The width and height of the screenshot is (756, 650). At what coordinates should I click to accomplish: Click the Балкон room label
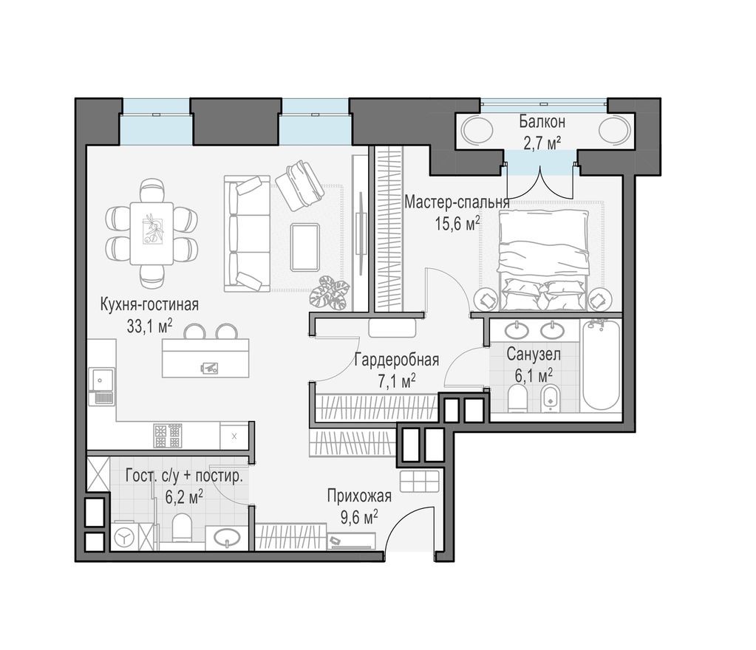point(542,121)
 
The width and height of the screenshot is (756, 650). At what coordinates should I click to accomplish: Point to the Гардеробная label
point(396,360)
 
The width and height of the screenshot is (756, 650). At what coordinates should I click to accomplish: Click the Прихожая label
point(359,496)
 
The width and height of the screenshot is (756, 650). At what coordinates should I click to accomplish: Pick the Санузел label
point(533,355)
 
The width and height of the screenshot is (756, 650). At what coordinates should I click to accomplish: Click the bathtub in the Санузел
point(599,366)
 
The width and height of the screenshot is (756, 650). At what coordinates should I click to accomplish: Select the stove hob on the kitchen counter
point(168,435)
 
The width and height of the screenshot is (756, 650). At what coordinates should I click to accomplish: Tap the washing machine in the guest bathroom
point(125,536)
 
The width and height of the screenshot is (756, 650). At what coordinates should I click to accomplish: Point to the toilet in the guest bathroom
point(182,529)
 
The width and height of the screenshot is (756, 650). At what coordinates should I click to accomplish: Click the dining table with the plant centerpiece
point(151,233)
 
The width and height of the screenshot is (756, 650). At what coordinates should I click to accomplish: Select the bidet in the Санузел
point(548,400)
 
